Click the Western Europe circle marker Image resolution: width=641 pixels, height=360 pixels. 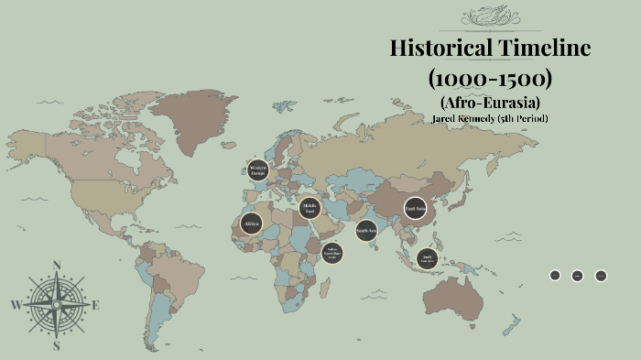tap(257, 170)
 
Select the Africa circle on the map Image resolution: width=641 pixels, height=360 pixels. tap(251, 223)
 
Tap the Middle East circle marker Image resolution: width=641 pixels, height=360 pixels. tap(310, 208)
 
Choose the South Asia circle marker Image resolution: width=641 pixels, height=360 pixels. tap(366, 231)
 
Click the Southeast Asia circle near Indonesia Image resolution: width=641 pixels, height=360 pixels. tap(426, 258)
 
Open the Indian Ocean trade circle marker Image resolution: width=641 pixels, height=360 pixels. tap(332, 253)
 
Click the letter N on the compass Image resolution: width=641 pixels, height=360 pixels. tap(57, 267)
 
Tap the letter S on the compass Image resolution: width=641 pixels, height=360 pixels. tap(57, 346)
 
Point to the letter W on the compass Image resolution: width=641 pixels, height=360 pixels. tap(16, 305)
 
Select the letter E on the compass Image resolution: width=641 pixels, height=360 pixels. tap(96, 305)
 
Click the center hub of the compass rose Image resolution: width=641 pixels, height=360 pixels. tap(57, 305)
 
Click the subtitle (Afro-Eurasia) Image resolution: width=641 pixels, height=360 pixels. tap(490, 102)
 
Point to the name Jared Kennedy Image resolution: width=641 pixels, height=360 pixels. tap(463, 118)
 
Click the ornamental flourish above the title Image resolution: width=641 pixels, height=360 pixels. tap(489, 16)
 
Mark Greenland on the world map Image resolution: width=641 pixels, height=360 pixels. tap(188, 124)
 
